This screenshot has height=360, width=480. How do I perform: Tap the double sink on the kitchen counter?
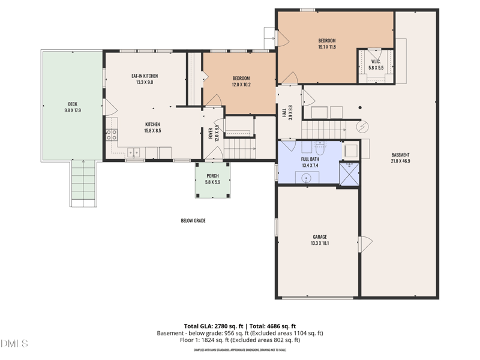coord(133,152)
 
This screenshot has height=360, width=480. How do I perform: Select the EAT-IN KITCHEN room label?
coord(145,76)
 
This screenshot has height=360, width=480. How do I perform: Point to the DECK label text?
coord(72,104)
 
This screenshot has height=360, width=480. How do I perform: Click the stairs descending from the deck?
coord(83,183)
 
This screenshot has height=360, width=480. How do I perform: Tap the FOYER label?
coord(211,133)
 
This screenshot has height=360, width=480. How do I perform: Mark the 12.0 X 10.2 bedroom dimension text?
coord(241,85)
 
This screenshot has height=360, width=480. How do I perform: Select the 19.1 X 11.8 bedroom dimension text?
coord(327,47)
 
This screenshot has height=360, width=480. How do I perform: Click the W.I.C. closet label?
coord(376,61)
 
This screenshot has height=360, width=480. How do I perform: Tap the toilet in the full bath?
coord(319,147)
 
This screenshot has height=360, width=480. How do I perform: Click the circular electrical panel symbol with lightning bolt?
coord(363,127)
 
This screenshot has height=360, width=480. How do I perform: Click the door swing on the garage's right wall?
coord(364,245)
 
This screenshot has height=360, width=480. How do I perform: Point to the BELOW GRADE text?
coord(193,221)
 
